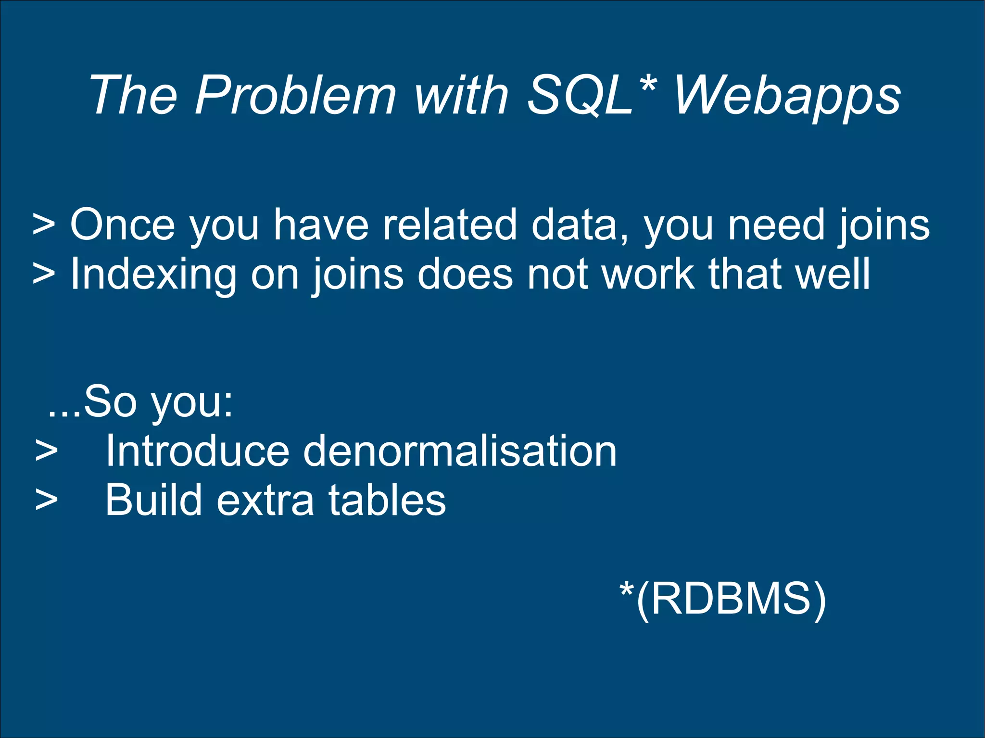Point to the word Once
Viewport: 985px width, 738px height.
(x=123, y=225)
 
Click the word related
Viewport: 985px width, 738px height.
(x=450, y=225)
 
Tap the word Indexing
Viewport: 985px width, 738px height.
(x=153, y=275)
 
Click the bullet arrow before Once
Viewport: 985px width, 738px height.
(x=44, y=225)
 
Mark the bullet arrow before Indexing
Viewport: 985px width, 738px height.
(x=44, y=275)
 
